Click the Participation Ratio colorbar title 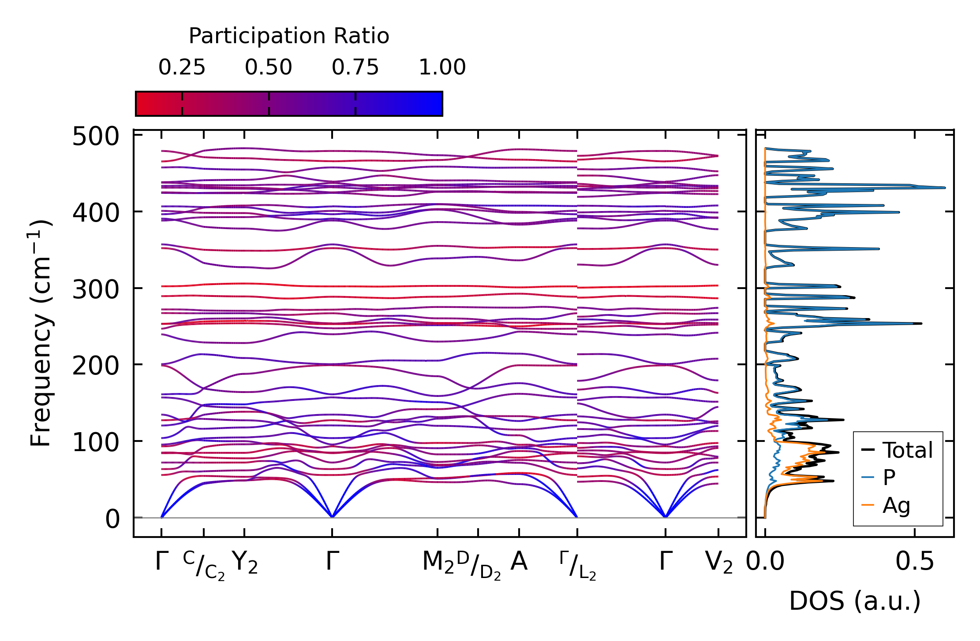[289, 36]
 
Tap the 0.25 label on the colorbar [182, 68]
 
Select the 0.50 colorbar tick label [269, 68]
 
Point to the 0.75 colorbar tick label [355, 68]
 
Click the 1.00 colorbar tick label [442, 68]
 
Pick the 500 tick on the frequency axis [96, 137]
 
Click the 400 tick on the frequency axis [96, 213]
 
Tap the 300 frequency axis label [96, 290]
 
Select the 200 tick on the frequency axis [96, 366]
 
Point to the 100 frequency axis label [96, 442]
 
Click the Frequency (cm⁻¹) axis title [41, 333]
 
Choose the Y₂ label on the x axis [245, 563]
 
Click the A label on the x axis [519, 562]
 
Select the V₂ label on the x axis [719, 563]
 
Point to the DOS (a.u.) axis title [855, 601]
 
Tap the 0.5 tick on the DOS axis [915, 563]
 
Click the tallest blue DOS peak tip [945, 188]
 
